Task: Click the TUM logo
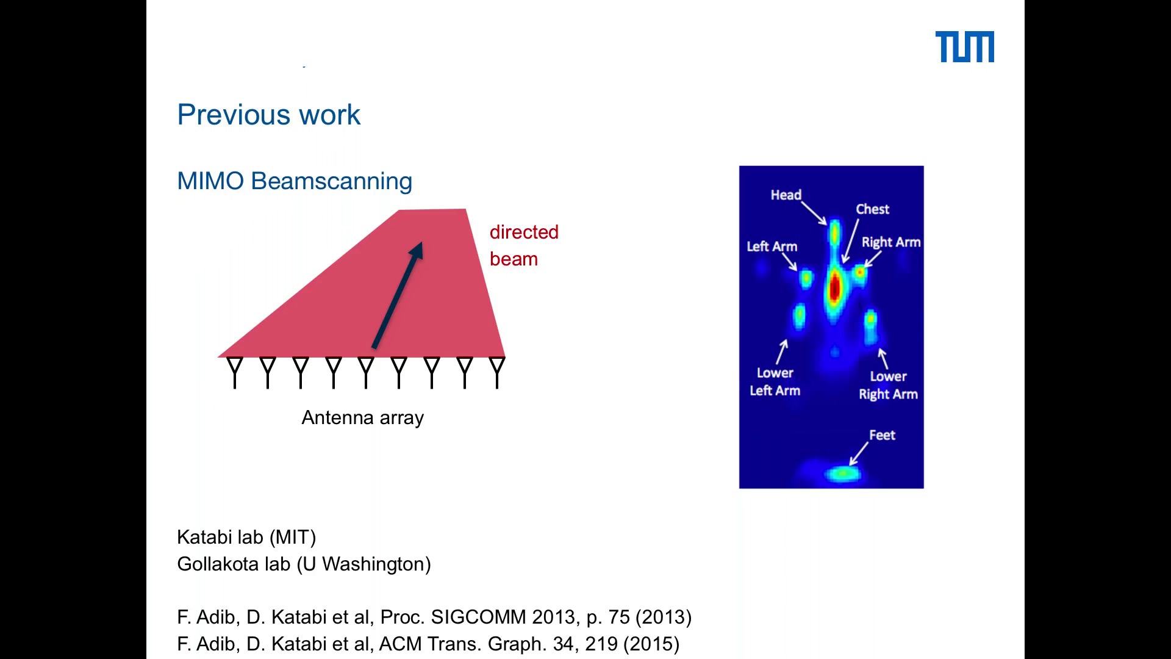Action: tap(964, 47)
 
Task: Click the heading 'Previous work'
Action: tap(269, 115)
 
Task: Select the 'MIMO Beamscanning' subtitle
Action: tap(295, 181)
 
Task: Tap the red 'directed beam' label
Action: tap(524, 245)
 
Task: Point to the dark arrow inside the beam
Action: tap(397, 296)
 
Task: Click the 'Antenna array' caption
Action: tap(362, 418)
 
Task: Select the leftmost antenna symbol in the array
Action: tap(235, 373)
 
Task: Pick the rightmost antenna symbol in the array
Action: tap(497, 373)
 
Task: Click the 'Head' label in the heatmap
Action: tap(786, 195)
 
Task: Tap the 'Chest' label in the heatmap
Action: tap(872, 209)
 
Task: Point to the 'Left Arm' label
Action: tap(772, 247)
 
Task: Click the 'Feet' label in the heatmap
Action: tap(882, 435)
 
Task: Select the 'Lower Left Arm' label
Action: tap(775, 382)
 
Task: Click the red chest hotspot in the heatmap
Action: tap(834, 287)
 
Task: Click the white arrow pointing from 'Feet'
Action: tap(859, 454)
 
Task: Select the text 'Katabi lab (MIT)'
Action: tap(246, 537)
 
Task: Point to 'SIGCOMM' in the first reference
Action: tap(478, 617)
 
